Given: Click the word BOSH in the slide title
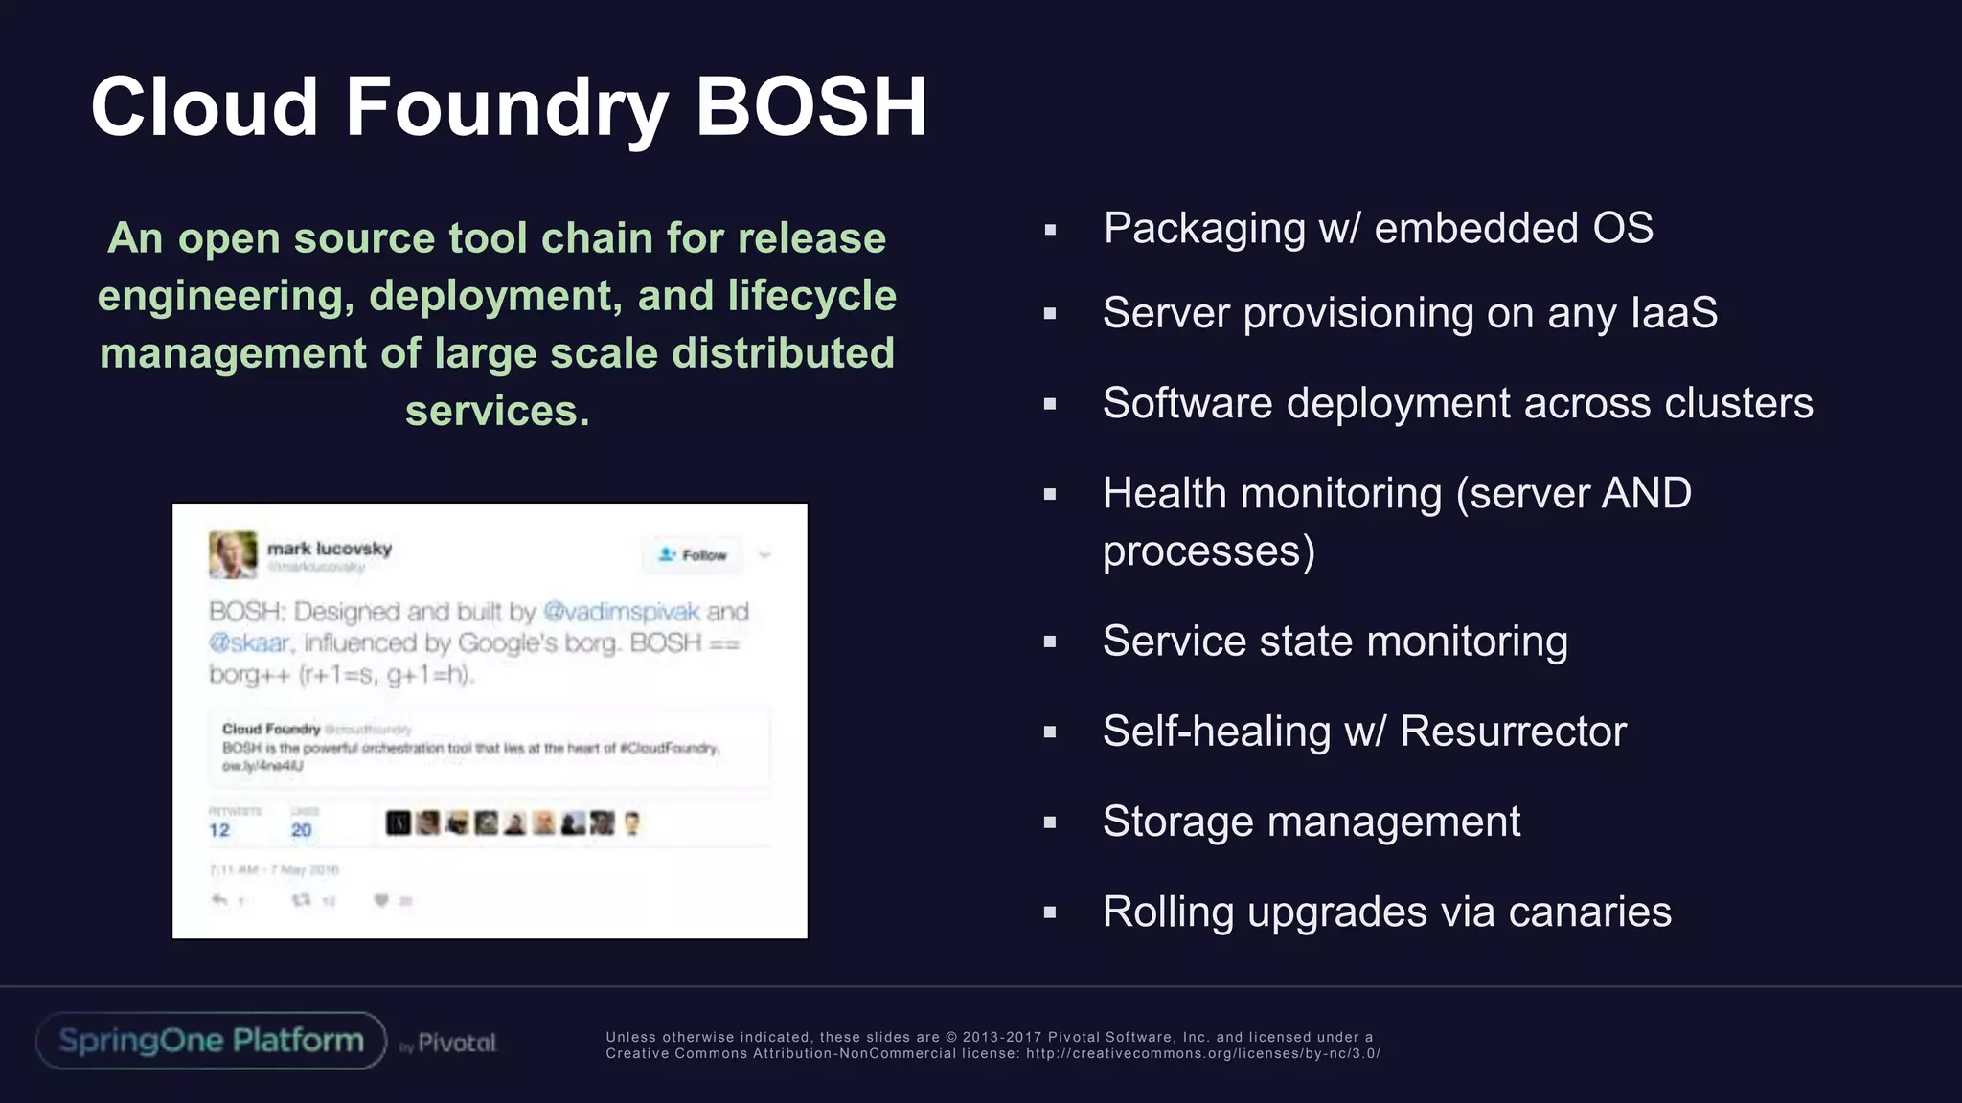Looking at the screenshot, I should click(810, 106).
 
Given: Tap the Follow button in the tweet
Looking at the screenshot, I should click(693, 555).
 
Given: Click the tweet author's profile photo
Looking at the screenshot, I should click(233, 554).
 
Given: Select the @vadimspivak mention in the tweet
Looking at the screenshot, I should click(621, 612).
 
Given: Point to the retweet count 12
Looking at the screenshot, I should click(219, 830).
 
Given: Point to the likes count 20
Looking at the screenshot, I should click(301, 830).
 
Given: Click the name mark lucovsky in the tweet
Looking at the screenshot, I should click(330, 549).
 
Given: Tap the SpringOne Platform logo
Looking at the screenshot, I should click(211, 1041).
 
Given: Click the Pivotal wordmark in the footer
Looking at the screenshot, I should click(457, 1043).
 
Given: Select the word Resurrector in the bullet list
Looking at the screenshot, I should click(1513, 732).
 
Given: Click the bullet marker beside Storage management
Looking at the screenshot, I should click(1050, 822).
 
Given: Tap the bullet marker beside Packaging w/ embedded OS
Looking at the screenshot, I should click(1050, 230).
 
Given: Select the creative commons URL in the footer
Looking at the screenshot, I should click(1202, 1054).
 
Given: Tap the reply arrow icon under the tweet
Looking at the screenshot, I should click(219, 900).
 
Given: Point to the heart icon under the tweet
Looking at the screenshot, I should click(381, 900).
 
